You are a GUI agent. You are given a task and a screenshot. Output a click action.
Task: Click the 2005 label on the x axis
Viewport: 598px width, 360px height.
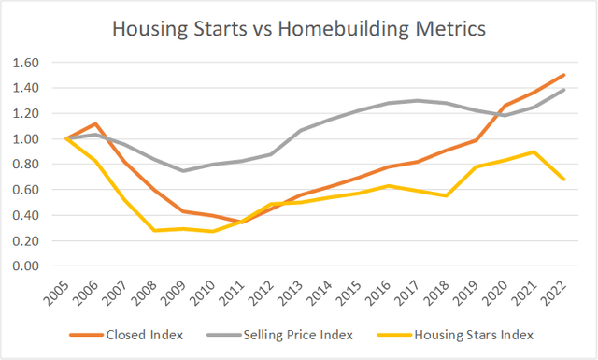(59, 292)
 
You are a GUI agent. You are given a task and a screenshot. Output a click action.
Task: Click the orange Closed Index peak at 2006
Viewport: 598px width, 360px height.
(95, 123)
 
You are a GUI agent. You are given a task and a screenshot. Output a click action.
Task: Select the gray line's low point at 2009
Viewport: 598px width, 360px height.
(182, 170)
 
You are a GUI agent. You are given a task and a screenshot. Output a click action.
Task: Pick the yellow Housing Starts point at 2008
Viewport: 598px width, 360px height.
(153, 230)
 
